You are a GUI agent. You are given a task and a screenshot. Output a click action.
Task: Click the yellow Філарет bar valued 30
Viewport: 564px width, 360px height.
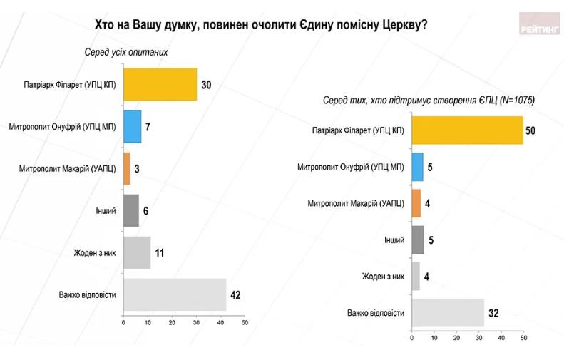(x=160, y=85)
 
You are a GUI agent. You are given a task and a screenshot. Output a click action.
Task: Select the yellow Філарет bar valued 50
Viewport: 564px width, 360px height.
(x=467, y=130)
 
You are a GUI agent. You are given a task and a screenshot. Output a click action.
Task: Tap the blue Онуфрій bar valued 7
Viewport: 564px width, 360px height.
(x=132, y=127)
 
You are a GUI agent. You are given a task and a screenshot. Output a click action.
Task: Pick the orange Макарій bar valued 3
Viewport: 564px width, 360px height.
(x=127, y=168)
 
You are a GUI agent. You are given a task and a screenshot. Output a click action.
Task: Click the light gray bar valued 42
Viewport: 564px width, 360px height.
(x=175, y=294)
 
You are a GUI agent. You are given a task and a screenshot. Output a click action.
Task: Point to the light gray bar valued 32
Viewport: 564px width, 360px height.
(x=448, y=312)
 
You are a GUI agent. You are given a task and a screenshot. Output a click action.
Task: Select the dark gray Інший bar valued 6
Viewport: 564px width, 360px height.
(x=131, y=210)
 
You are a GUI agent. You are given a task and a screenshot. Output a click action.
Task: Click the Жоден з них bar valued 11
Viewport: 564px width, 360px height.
(x=137, y=252)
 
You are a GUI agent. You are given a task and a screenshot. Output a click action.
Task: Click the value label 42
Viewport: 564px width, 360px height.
(x=236, y=294)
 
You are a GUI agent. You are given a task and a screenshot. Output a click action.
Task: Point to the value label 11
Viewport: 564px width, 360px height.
(x=160, y=252)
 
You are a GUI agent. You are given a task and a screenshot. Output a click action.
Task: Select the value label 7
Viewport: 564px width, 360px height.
(x=148, y=128)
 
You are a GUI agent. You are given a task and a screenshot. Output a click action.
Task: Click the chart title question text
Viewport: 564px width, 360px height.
(x=261, y=25)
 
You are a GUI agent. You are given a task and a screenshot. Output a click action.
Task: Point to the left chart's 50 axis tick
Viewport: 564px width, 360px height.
(x=244, y=323)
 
